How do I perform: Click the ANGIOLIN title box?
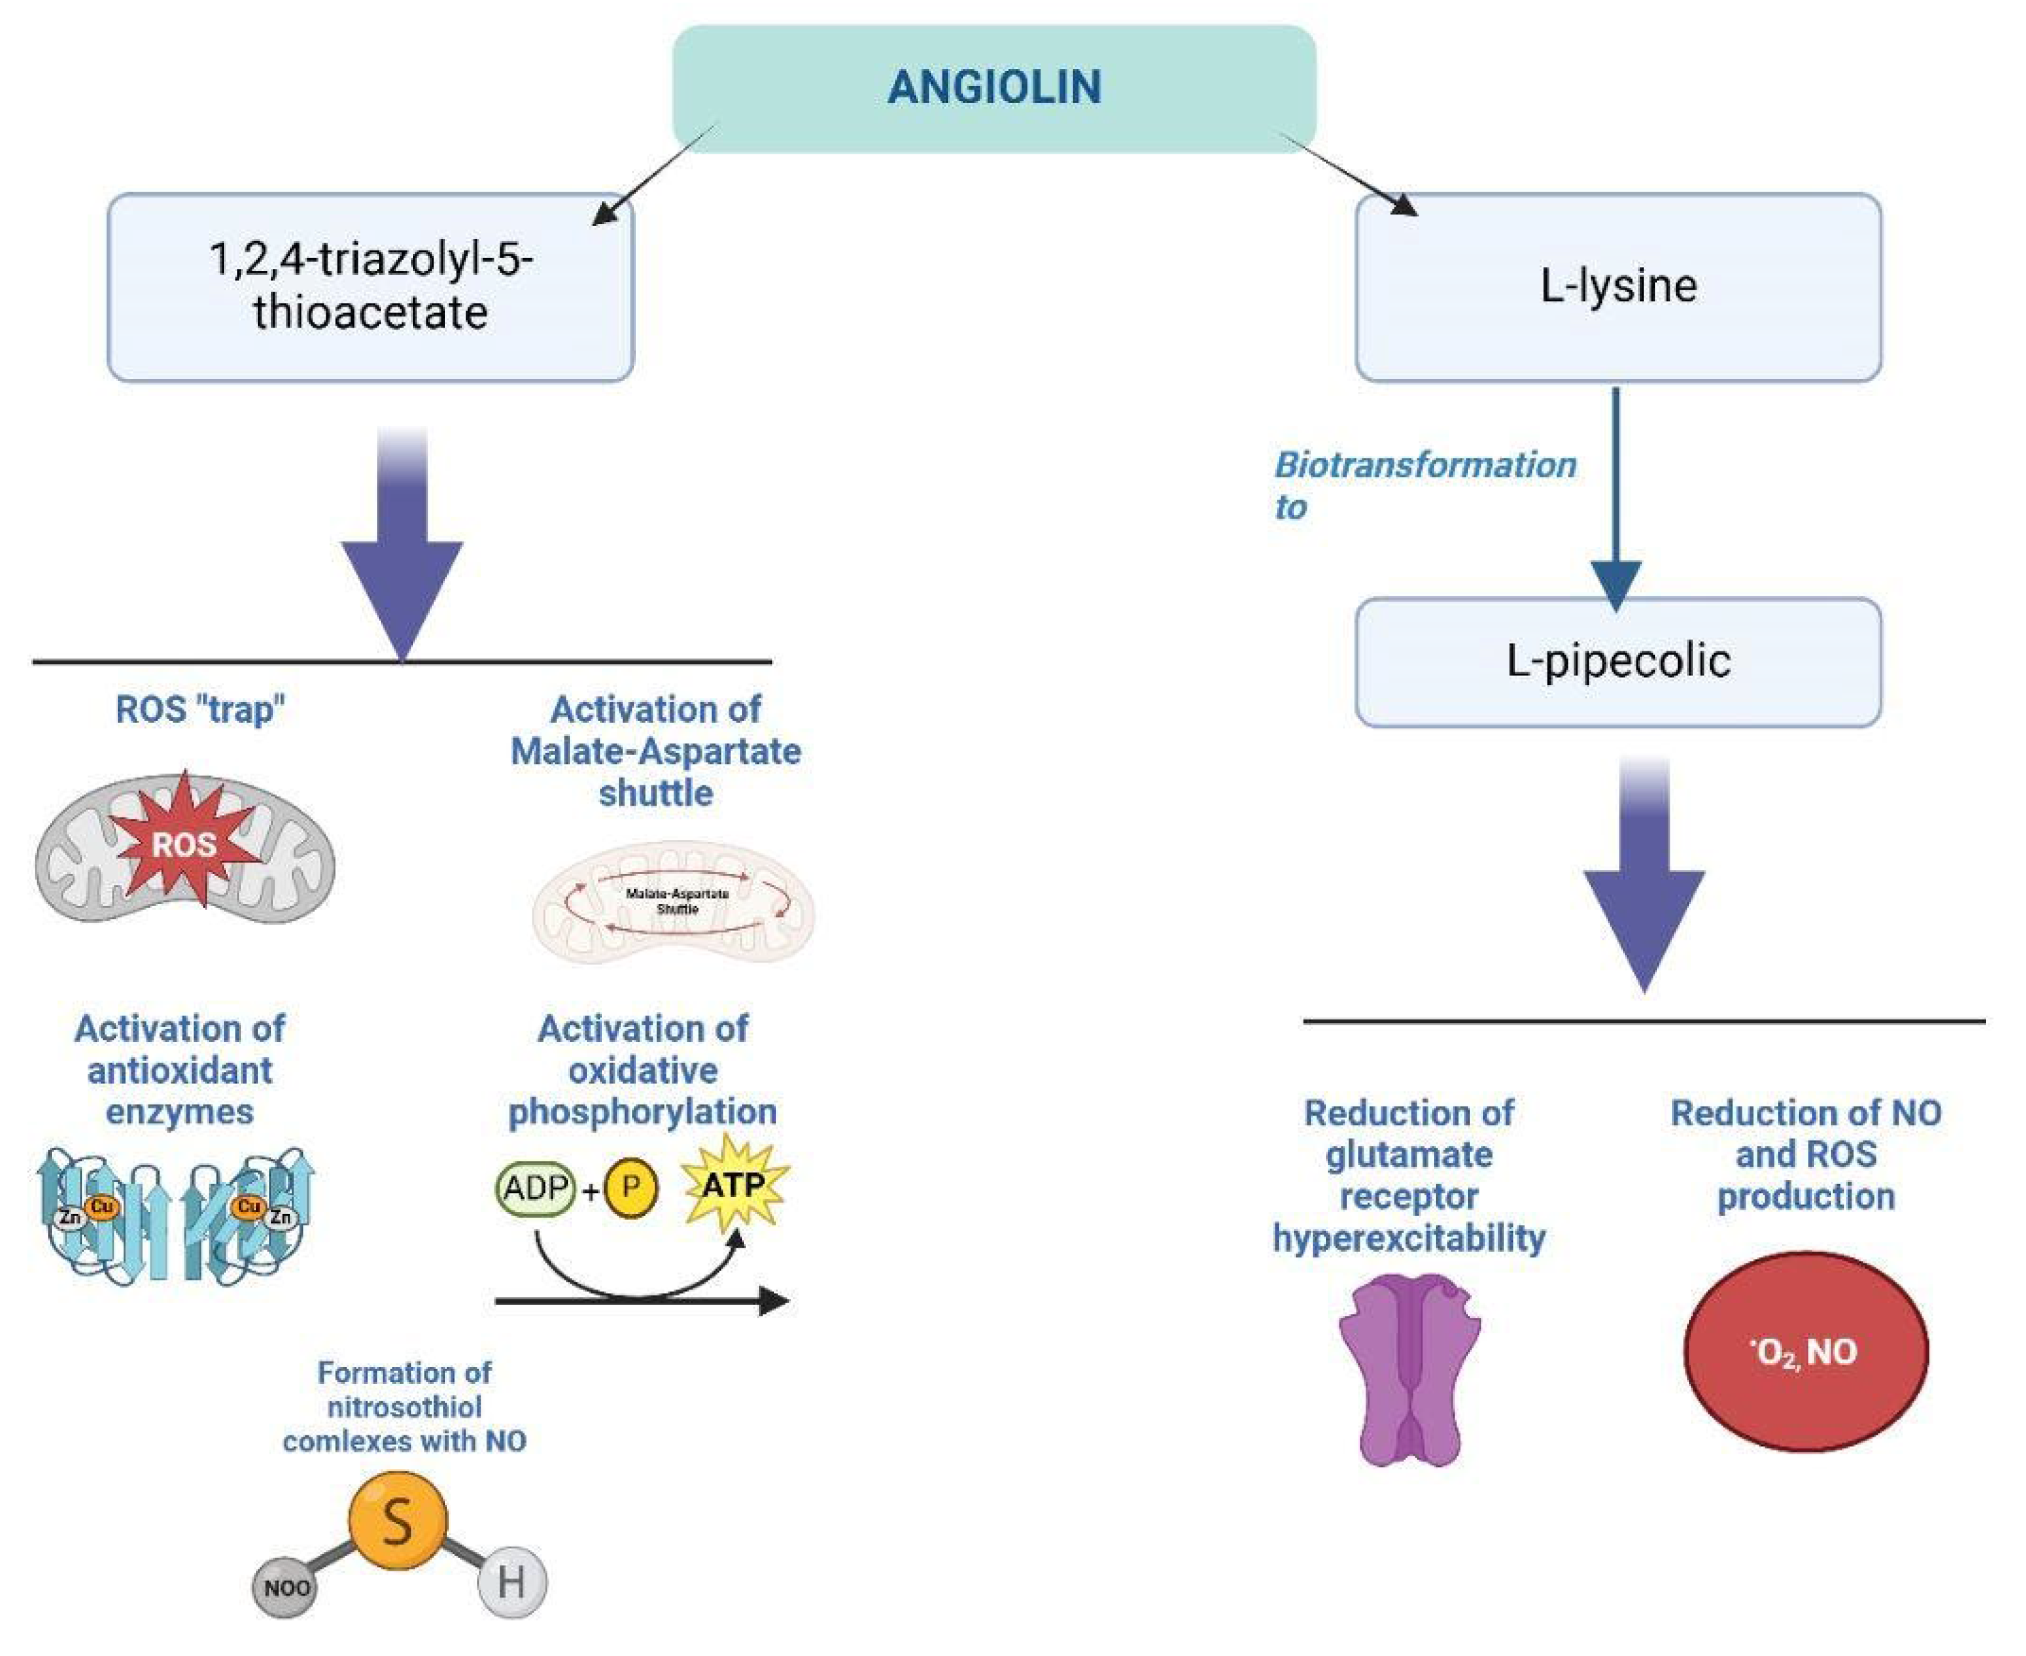994,88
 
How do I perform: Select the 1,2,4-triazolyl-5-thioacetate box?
370,286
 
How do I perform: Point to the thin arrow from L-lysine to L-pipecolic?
1615,496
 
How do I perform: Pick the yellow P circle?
630,1188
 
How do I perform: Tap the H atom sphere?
512,1584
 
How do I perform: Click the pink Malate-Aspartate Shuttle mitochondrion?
674,902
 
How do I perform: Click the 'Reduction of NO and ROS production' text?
1805,1154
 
